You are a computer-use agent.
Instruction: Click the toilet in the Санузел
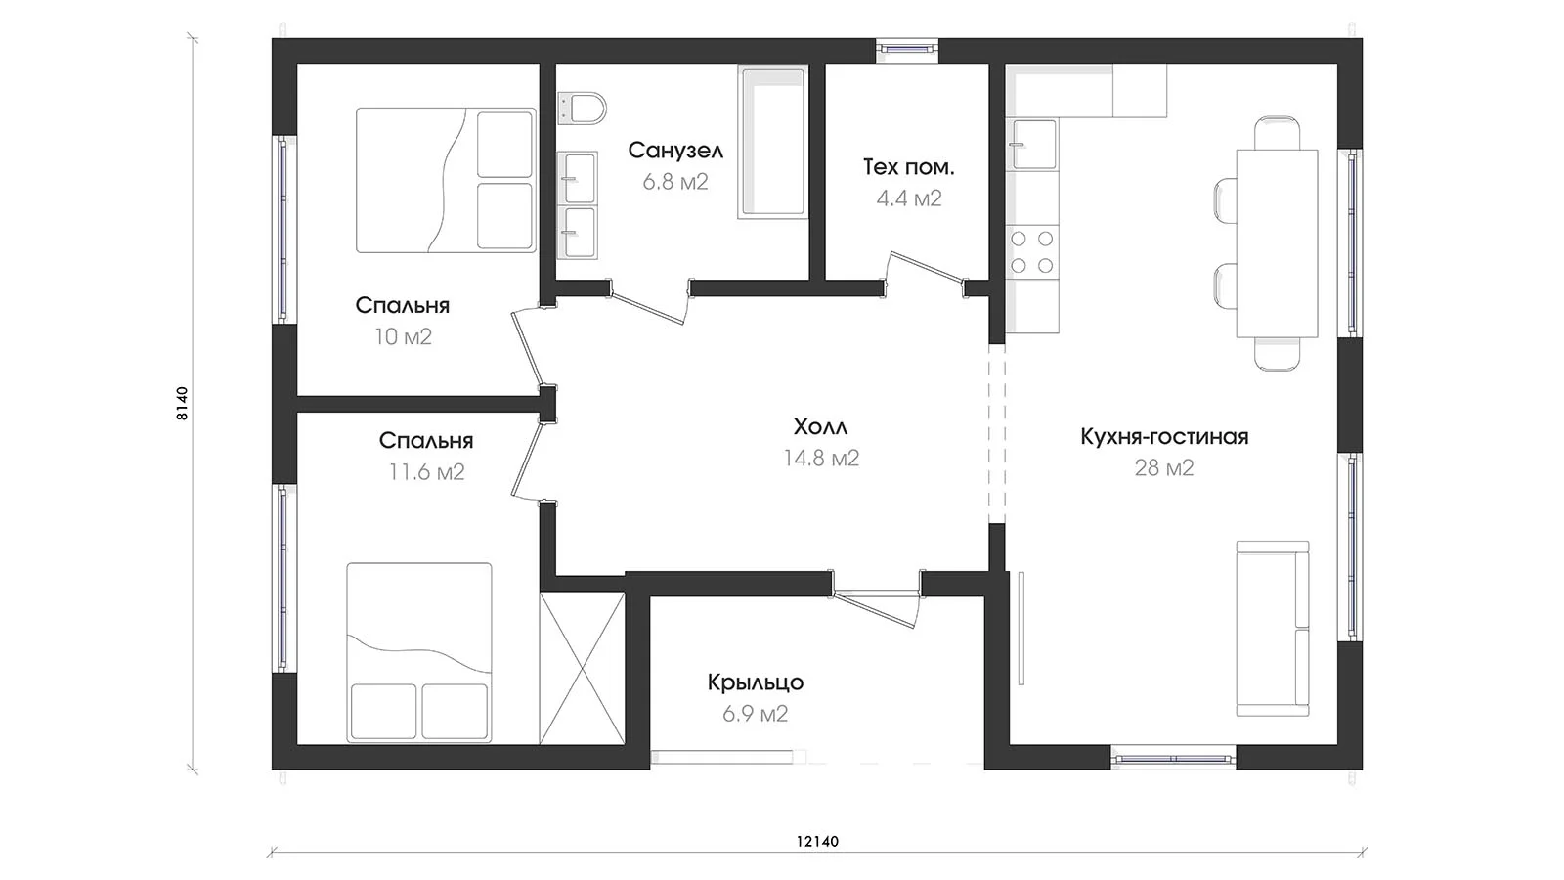pos(582,109)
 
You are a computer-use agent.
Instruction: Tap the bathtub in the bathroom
pos(773,142)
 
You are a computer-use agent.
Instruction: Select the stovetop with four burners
pos(1032,252)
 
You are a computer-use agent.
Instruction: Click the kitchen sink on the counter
pos(1032,145)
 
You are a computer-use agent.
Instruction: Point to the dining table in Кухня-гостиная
pos(1277,243)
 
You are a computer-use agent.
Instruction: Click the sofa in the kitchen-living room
pos(1272,629)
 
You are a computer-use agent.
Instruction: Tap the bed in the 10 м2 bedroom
pos(446,180)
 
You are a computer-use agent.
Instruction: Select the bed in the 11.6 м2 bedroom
pos(419,652)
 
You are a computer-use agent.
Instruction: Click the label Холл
pos(820,426)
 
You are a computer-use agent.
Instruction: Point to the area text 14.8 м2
pos(820,459)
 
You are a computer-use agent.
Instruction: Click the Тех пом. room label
pos(908,167)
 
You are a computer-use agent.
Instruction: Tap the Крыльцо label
pos(756,682)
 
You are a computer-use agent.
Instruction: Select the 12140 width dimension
pos(817,842)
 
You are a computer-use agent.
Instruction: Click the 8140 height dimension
pos(182,404)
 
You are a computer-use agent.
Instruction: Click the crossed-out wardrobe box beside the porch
pos(583,669)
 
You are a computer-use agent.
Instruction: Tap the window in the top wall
pos(907,48)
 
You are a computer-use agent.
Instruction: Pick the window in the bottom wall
pos(1173,758)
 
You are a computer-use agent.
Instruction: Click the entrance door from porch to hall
pos(876,606)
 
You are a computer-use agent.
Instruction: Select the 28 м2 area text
pos(1164,468)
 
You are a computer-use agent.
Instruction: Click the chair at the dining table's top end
pos(1277,133)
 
